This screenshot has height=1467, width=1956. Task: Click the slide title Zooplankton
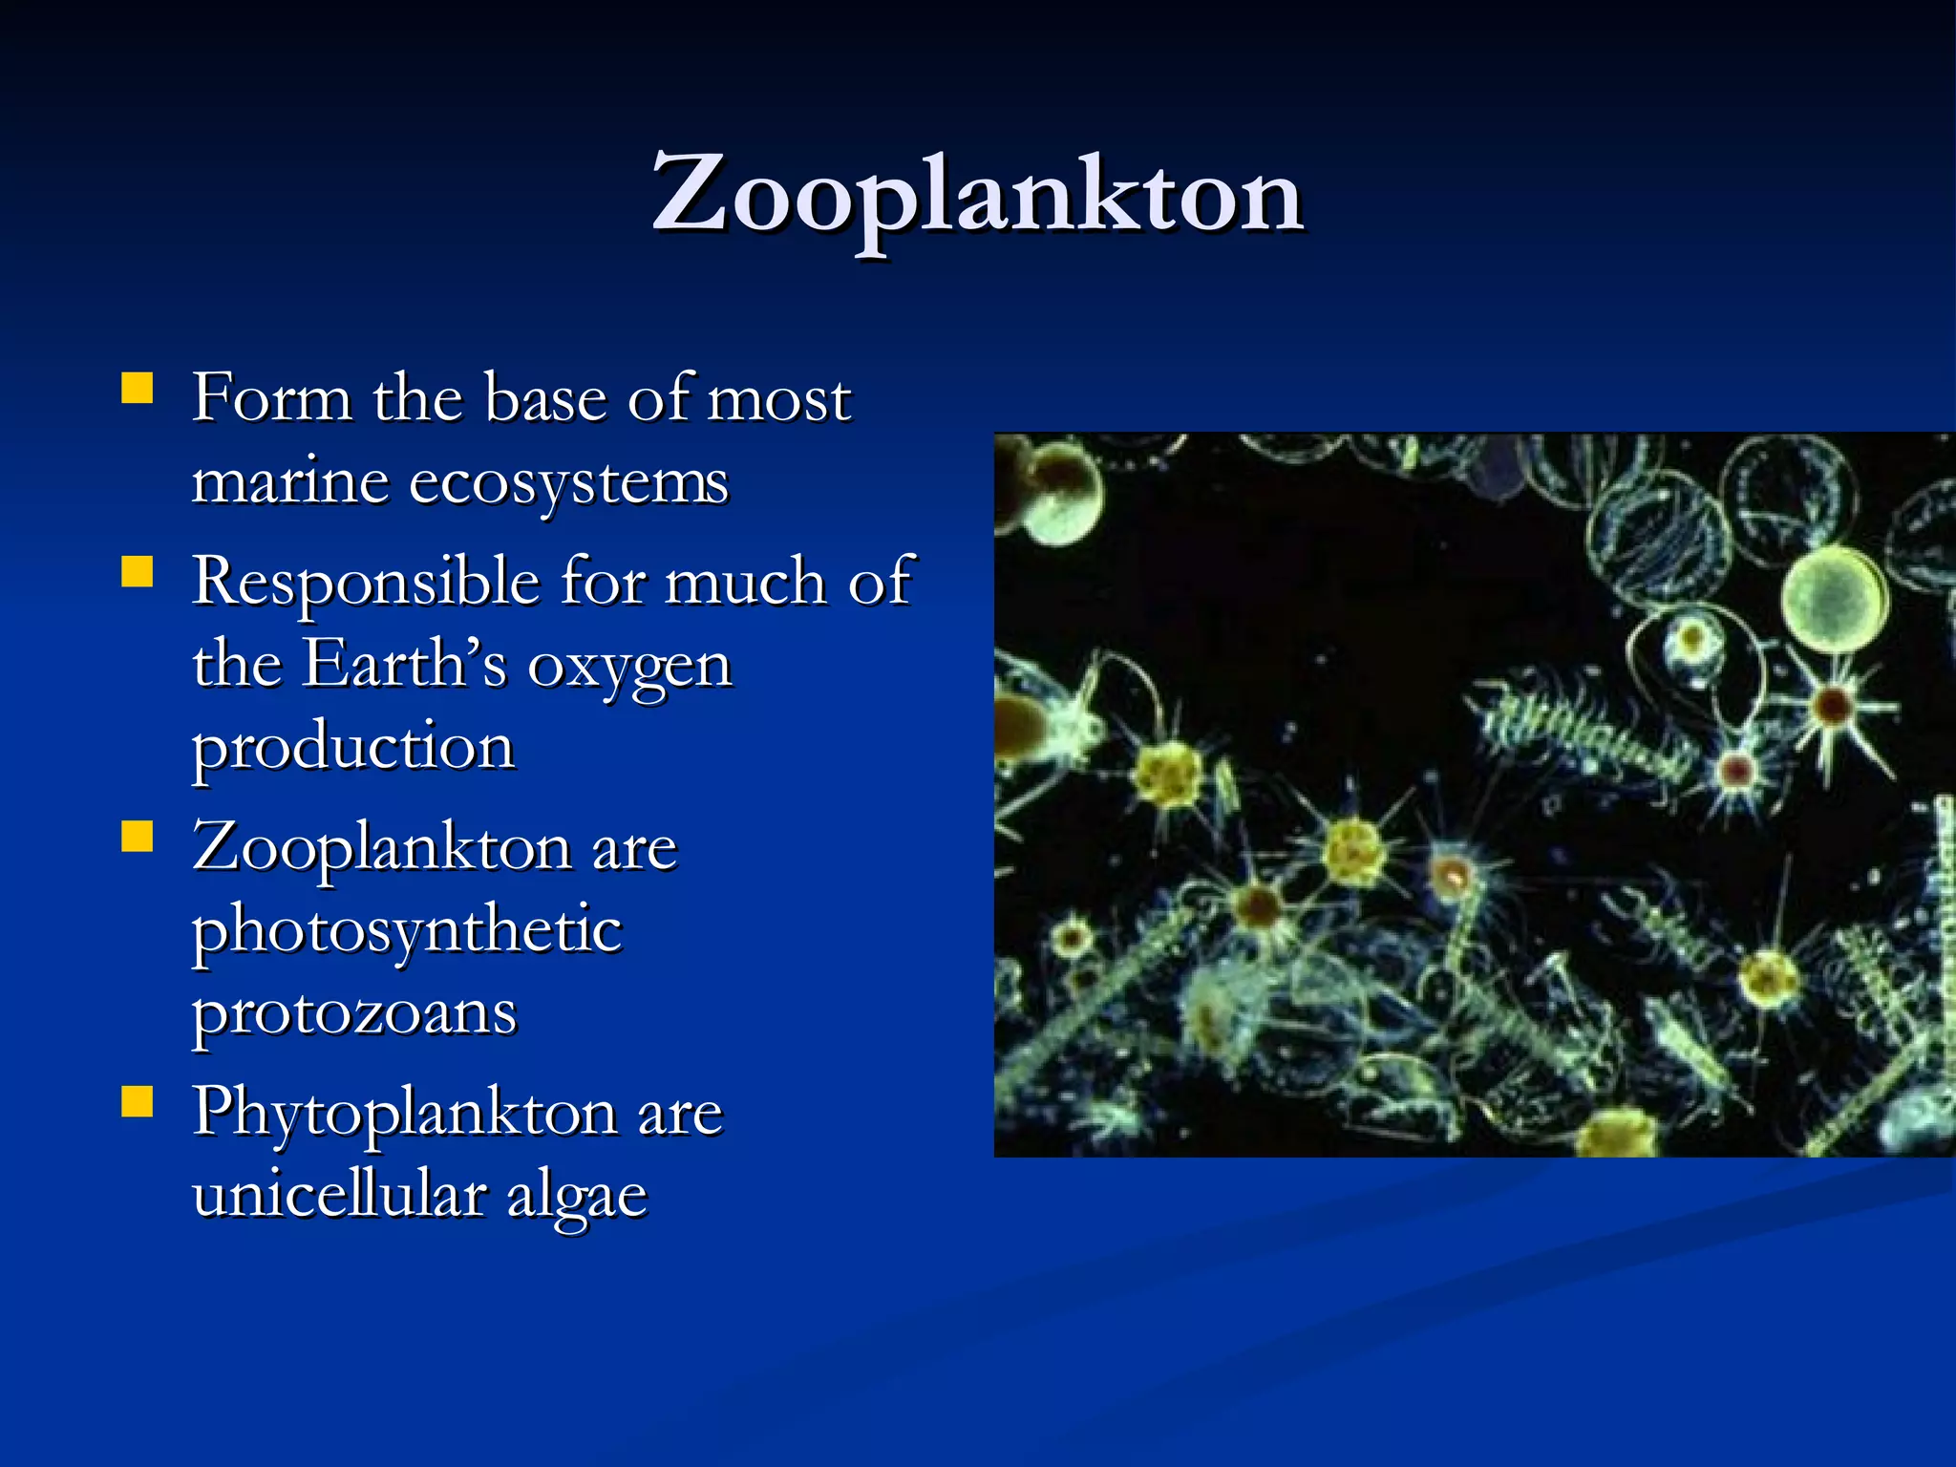(x=977, y=196)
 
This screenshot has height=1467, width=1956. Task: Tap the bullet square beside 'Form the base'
(x=138, y=390)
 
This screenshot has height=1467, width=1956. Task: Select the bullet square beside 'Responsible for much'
(x=138, y=573)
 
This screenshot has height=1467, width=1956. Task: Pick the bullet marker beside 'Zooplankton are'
(x=138, y=838)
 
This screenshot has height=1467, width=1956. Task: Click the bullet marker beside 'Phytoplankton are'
(x=138, y=1103)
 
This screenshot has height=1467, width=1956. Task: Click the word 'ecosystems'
(x=568, y=482)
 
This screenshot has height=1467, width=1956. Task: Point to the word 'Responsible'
(x=366, y=583)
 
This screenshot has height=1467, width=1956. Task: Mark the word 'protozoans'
(x=354, y=1014)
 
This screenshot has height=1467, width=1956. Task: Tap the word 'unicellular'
(x=338, y=1194)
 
